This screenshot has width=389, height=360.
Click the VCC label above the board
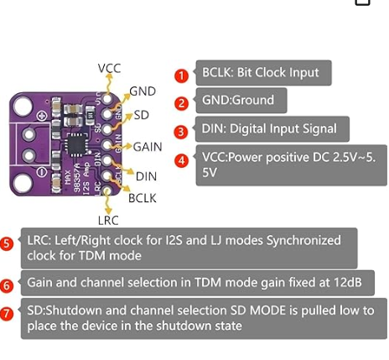point(109,68)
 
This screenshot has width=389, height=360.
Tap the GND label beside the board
point(143,91)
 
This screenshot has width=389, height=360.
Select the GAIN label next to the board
point(148,147)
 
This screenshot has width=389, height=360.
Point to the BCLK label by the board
point(143,198)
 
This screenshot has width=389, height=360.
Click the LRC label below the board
point(108,221)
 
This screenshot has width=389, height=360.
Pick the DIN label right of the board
point(146,176)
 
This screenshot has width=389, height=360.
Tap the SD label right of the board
point(142,115)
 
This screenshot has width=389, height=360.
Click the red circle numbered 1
point(181,76)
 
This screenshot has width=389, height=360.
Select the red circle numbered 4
point(181,160)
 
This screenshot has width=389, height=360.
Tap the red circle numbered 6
point(7,285)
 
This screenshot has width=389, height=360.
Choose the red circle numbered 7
point(7,314)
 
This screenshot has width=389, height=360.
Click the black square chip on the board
point(76,144)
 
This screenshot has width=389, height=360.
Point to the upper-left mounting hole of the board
point(23,106)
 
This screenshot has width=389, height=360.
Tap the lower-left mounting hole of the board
point(23,183)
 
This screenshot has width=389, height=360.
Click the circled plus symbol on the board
point(42,116)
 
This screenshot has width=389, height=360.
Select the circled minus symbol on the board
point(41,172)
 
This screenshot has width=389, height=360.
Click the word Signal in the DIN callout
point(319,129)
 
